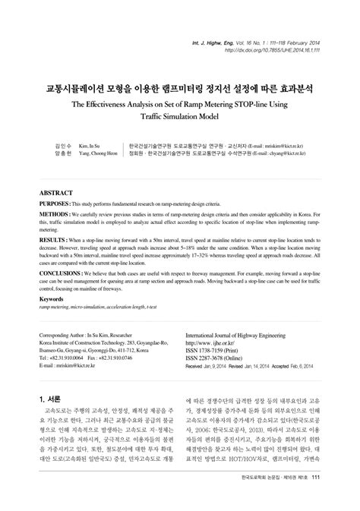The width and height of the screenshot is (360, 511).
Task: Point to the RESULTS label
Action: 52,238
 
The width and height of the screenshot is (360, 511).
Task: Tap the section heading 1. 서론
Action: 51,398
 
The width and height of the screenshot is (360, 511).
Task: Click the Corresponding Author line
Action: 85,335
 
